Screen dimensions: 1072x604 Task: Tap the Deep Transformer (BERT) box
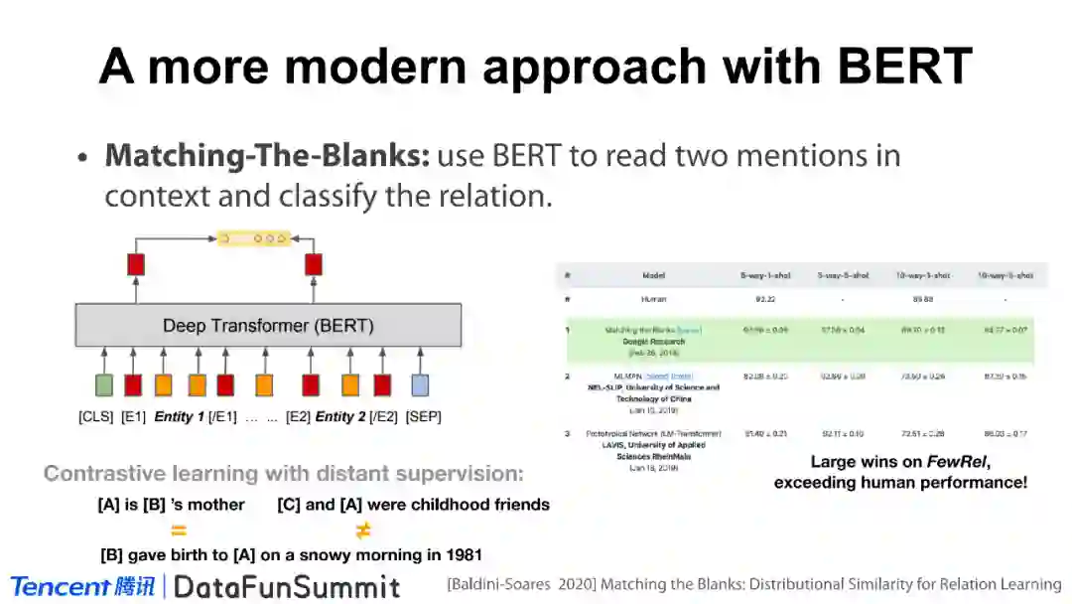[268, 325]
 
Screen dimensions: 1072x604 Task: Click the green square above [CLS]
[103, 385]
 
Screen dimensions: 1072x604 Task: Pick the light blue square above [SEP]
[420, 385]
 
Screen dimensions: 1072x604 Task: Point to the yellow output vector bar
[254, 238]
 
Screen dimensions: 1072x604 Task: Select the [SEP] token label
[423, 417]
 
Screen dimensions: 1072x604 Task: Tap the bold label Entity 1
[179, 417]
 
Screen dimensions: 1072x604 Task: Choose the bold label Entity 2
[340, 417]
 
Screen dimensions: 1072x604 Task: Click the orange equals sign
[179, 530]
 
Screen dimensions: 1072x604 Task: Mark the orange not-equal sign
[363, 530]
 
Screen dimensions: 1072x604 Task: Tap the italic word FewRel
[956, 462]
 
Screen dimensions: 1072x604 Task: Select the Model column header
[653, 275]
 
